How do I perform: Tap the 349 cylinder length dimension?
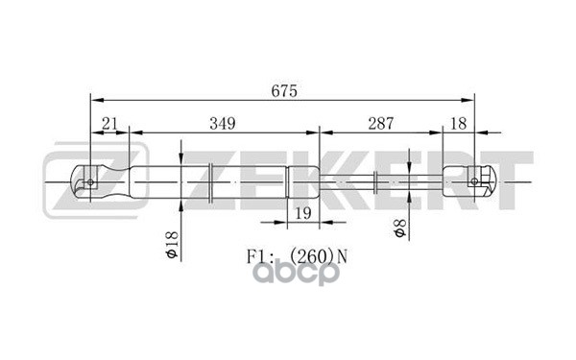click(x=222, y=122)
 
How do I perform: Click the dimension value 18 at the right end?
click(x=459, y=122)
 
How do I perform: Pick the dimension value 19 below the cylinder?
click(x=301, y=213)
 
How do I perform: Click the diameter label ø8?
click(x=399, y=229)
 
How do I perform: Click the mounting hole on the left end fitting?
click(x=90, y=180)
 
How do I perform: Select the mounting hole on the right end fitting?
click(x=475, y=180)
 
